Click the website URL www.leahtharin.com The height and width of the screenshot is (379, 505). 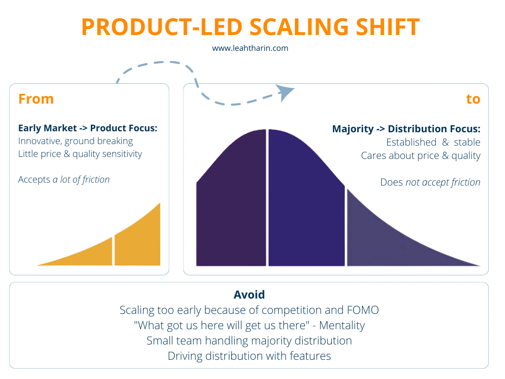(x=250, y=48)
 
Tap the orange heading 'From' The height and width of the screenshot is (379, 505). (x=36, y=99)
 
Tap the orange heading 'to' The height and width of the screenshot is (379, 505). (x=473, y=99)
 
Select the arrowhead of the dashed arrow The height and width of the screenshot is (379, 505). (x=285, y=92)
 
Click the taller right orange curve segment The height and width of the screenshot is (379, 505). (x=138, y=242)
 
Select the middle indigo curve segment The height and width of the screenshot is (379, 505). (x=306, y=207)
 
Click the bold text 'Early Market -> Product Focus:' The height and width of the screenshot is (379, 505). (x=88, y=128)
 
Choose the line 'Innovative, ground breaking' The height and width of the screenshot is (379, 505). (x=75, y=141)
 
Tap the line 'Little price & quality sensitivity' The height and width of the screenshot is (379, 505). (x=80, y=154)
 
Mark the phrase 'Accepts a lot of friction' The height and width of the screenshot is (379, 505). (x=64, y=180)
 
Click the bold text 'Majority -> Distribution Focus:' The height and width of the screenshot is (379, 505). (x=406, y=129)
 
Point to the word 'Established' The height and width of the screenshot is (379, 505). (x=412, y=142)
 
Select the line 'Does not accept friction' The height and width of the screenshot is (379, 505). (x=430, y=182)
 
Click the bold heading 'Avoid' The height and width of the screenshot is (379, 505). (x=249, y=295)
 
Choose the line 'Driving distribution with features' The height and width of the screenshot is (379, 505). (x=249, y=355)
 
